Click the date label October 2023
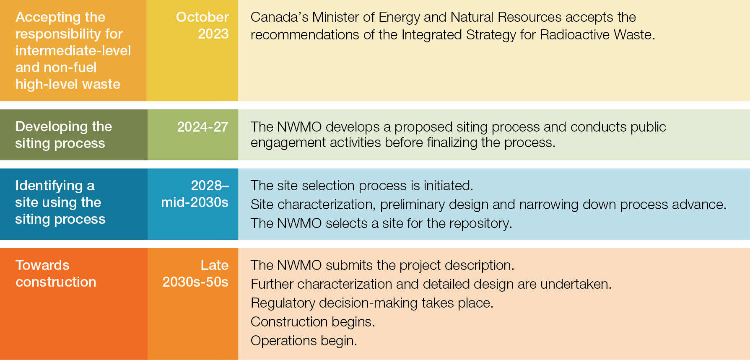pos(202,25)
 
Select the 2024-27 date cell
pos(202,127)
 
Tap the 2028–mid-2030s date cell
pos(195,194)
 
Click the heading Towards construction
pos(56,274)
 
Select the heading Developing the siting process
pos(63,135)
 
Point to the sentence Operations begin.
pos(304,341)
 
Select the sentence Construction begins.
pos(313,322)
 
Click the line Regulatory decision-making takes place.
pos(372,303)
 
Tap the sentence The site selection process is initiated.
pos(362,186)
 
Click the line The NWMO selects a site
pos(381,223)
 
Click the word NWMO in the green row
pos(299,127)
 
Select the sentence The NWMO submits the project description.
pos(382,265)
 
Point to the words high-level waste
pos(68,84)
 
